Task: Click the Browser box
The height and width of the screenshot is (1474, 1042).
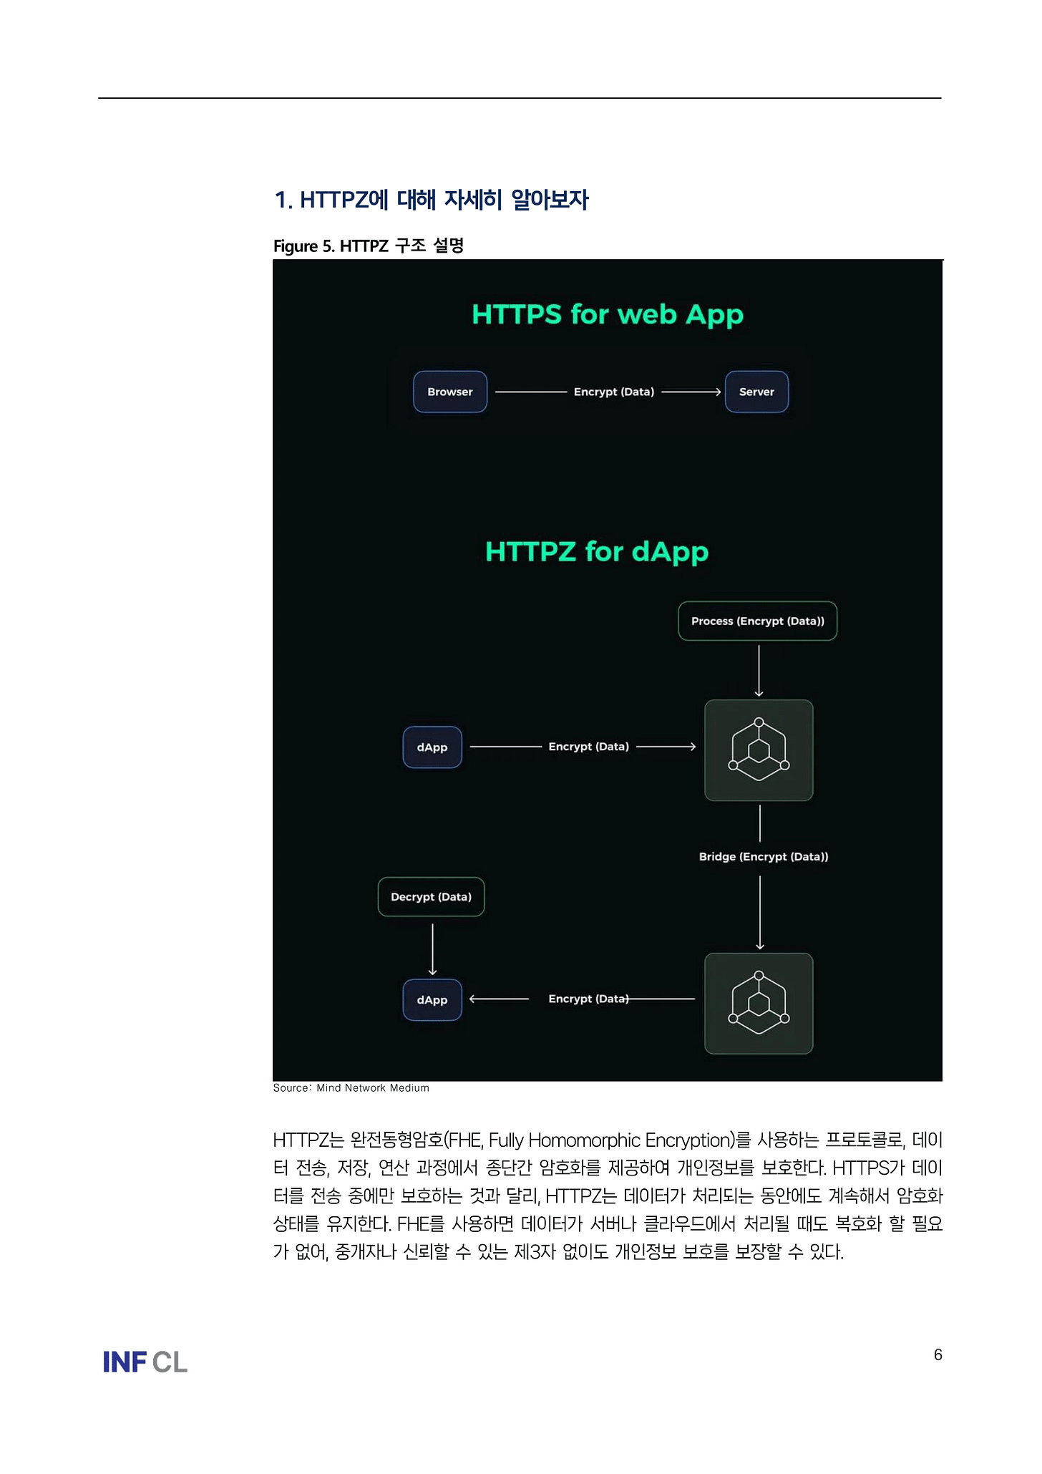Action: [450, 392]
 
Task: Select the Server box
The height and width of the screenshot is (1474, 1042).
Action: [756, 392]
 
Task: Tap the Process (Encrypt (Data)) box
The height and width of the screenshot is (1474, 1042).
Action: [757, 621]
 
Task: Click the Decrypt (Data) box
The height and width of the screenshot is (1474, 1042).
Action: [431, 896]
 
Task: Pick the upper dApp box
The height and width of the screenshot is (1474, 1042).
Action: [432, 747]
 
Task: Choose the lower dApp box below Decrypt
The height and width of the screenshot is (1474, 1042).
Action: [432, 999]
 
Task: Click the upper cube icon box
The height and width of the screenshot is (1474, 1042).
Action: [759, 750]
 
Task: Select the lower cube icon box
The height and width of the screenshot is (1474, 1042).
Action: [759, 1003]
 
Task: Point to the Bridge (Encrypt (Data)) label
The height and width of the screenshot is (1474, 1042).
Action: [763, 856]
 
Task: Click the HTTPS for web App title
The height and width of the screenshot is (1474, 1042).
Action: [607, 314]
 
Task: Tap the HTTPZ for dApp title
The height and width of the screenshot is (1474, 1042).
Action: [597, 551]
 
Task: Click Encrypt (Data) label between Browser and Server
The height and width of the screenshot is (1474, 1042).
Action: [613, 392]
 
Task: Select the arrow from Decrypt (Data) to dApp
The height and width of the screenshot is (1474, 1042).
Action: [432, 949]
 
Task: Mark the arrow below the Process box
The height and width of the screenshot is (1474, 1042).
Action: [759, 670]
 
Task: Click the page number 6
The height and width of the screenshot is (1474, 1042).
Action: [938, 1354]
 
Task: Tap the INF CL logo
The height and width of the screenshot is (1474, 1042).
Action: [145, 1362]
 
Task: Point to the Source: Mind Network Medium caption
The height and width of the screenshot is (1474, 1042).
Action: [351, 1087]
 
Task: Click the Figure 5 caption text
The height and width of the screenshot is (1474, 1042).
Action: [369, 246]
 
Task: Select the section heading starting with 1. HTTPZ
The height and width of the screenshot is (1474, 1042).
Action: [431, 200]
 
